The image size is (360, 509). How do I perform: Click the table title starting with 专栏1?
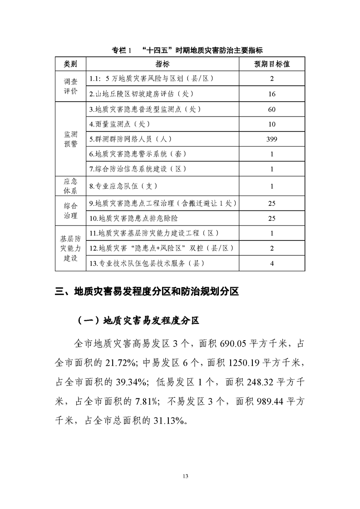click(x=187, y=50)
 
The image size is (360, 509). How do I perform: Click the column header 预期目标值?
click(x=271, y=64)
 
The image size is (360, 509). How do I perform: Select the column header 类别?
click(x=70, y=64)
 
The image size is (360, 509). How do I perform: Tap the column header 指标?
click(x=163, y=64)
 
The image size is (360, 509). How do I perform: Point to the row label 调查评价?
click(x=70, y=86)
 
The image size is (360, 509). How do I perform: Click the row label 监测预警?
click(x=70, y=139)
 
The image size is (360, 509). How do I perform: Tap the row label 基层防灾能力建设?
click(x=70, y=248)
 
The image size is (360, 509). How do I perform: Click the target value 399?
click(x=271, y=139)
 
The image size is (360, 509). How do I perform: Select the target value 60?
click(x=271, y=110)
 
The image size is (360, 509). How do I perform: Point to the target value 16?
click(x=271, y=94)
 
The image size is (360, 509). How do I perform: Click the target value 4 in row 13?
click(x=271, y=263)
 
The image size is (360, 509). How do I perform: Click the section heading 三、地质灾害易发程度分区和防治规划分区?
click(x=147, y=291)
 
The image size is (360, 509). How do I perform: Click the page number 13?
click(x=185, y=476)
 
